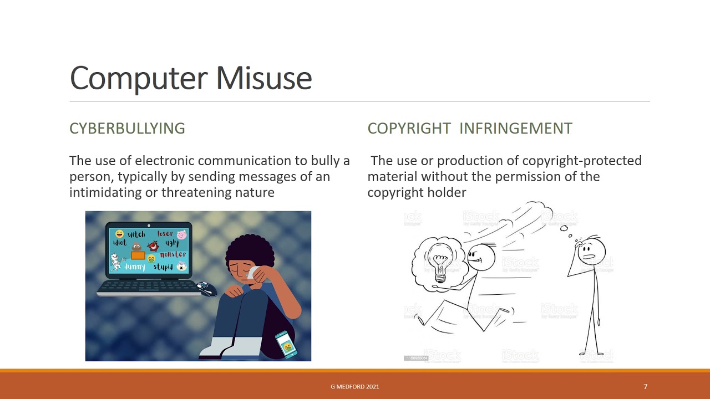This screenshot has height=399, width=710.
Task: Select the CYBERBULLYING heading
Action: coord(127,129)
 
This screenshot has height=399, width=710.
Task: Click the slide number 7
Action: coord(645,387)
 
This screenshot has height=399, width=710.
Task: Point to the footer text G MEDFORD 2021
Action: coord(355,387)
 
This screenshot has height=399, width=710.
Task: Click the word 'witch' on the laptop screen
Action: coord(136,234)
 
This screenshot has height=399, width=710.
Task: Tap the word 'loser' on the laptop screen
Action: coord(165,234)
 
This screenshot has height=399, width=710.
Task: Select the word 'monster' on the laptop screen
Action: coord(173,255)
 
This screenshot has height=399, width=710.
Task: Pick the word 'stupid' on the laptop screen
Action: coord(163,267)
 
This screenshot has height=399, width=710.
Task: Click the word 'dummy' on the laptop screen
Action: coord(134,267)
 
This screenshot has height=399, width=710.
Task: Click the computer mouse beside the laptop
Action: coord(206,288)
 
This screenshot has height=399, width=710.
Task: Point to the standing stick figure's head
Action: coord(591,250)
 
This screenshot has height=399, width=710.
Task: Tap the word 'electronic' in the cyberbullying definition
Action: coord(165,161)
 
